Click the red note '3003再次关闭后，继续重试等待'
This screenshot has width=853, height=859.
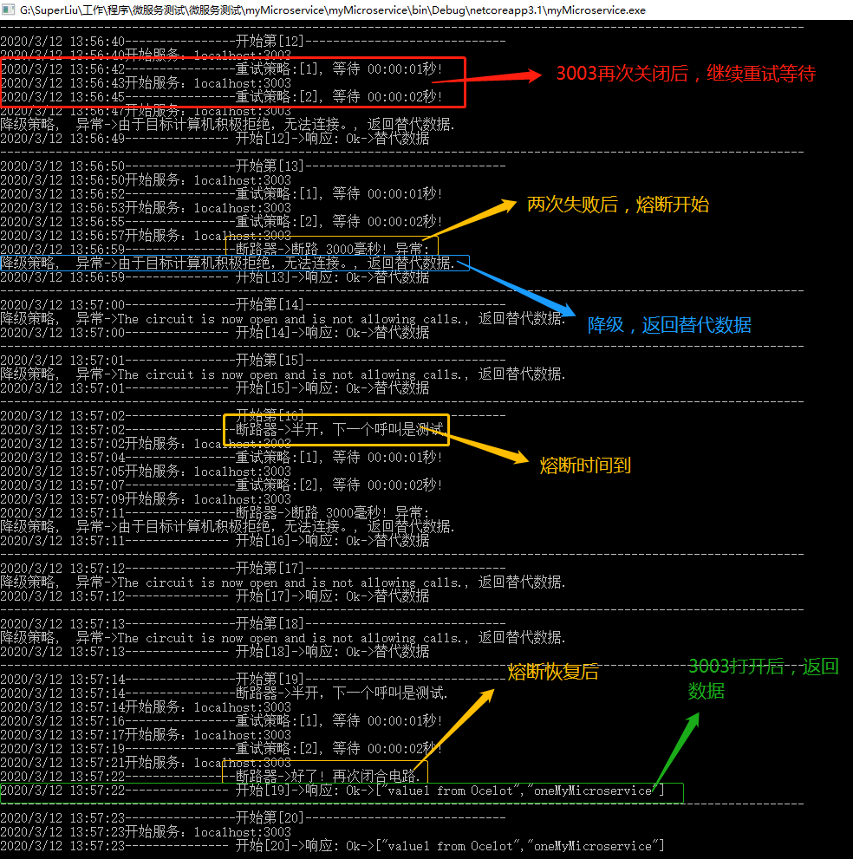[686, 74]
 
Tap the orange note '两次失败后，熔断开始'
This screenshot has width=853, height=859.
[617, 205]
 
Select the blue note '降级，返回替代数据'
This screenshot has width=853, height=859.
[669, 325]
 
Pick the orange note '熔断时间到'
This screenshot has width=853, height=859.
[585, 465]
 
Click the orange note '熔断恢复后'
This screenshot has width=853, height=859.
[553, 672]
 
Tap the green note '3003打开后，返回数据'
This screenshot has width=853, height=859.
[763, 678]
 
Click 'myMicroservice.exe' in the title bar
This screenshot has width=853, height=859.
[596, 10]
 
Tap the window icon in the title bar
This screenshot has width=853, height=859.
[9, 10]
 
